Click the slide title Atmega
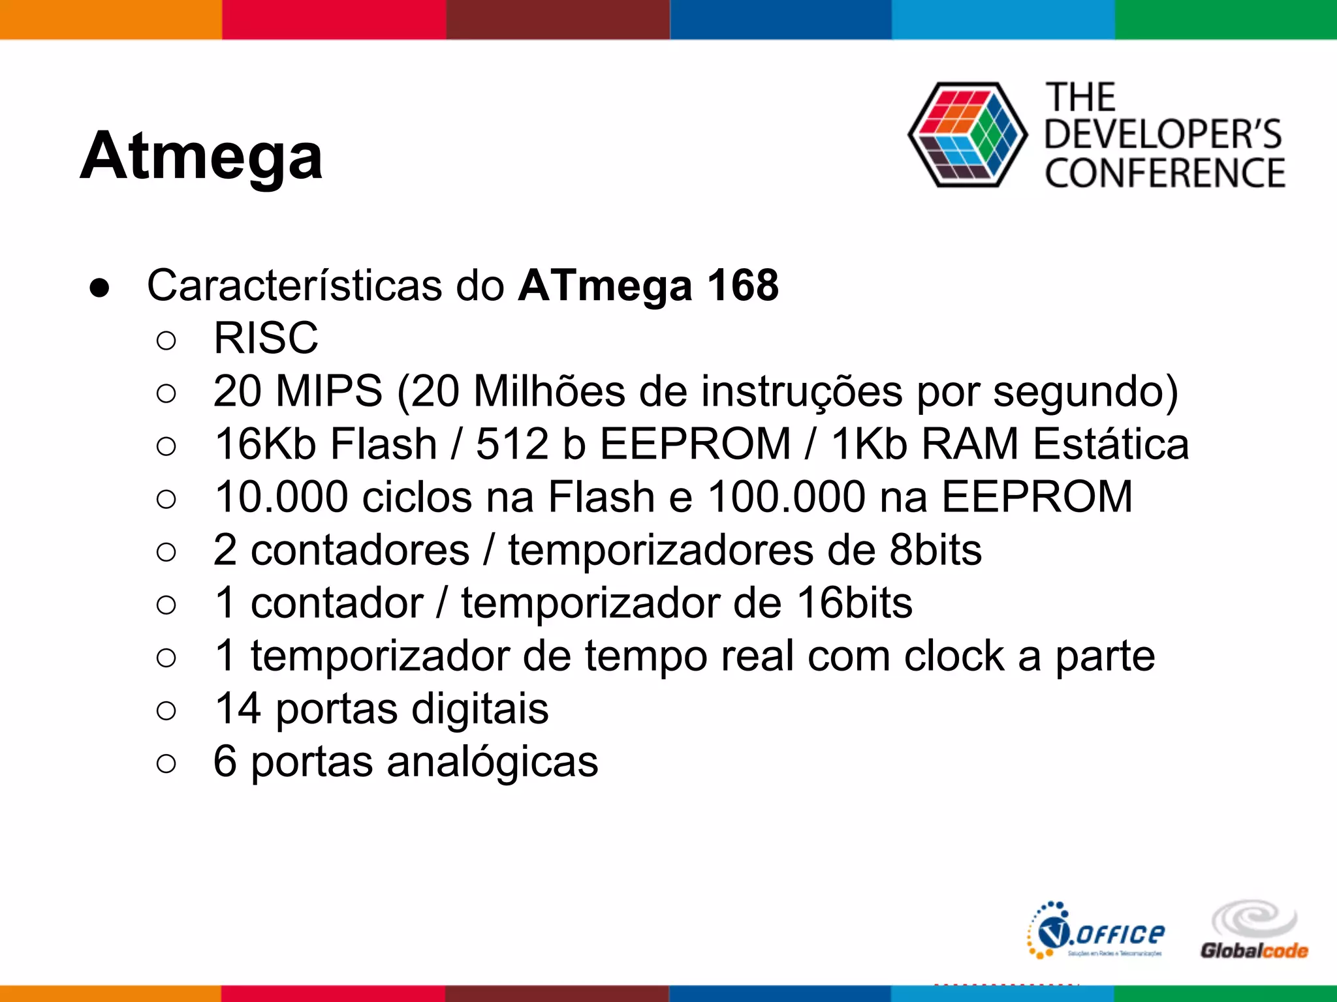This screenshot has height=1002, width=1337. click(x=201, y=157)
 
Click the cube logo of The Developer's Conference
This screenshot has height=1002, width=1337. click(x=967, y=135)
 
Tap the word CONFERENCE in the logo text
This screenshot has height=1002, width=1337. click(x=1165, y=174)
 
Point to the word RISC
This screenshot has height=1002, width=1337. click(x=266, y=338)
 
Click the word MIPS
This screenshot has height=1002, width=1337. click(x=328, y=391)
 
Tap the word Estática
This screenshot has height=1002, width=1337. click(x=1110, y=444)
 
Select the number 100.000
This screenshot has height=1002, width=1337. click(x=787, y=497)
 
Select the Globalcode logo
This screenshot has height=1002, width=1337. click(x=1253, y=931)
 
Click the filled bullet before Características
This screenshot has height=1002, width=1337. click(x=100, y=288)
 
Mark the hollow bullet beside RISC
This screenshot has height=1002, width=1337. click(x=166, y=340)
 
